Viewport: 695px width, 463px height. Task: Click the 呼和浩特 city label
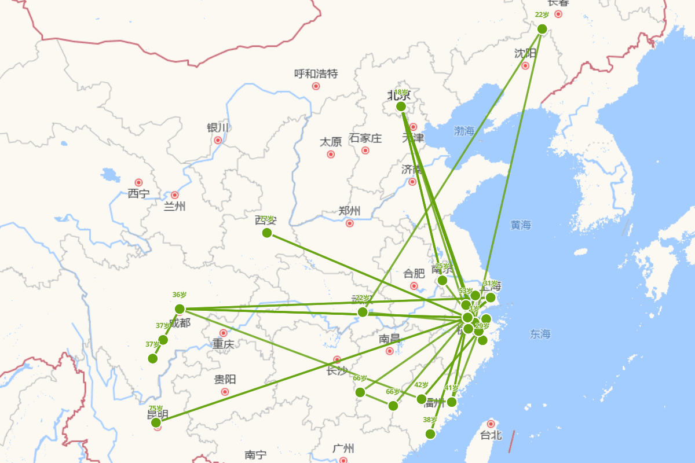coord(316,74)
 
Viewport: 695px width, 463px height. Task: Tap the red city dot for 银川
coord(218,140)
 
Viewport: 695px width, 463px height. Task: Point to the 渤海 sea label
coord(464,131)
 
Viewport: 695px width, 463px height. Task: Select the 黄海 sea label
coord(521,225)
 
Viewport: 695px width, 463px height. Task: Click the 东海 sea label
coord(540,334)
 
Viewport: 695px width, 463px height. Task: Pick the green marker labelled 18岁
coord(401,106)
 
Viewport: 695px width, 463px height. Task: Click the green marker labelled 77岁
coord(267,233)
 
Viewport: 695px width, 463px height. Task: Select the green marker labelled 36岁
coord(180,308)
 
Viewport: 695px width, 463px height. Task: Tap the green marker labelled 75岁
coord(156,422)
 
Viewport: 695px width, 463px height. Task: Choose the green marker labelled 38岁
coord(430,434)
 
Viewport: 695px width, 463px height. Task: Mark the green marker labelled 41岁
coord(452,402)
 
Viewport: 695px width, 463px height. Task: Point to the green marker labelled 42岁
coord(422,399)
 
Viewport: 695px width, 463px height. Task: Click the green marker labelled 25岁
coord(442,280)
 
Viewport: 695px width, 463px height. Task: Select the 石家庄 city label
coord(365,138)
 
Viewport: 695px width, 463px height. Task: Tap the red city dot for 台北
coord(491,424)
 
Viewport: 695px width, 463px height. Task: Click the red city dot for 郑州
coord(349,223)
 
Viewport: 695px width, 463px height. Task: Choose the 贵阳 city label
coord(225,380)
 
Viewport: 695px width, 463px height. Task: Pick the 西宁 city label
coord(138,194)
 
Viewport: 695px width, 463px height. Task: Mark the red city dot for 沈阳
coord(525,65)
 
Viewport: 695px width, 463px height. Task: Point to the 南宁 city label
coord(255,455)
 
